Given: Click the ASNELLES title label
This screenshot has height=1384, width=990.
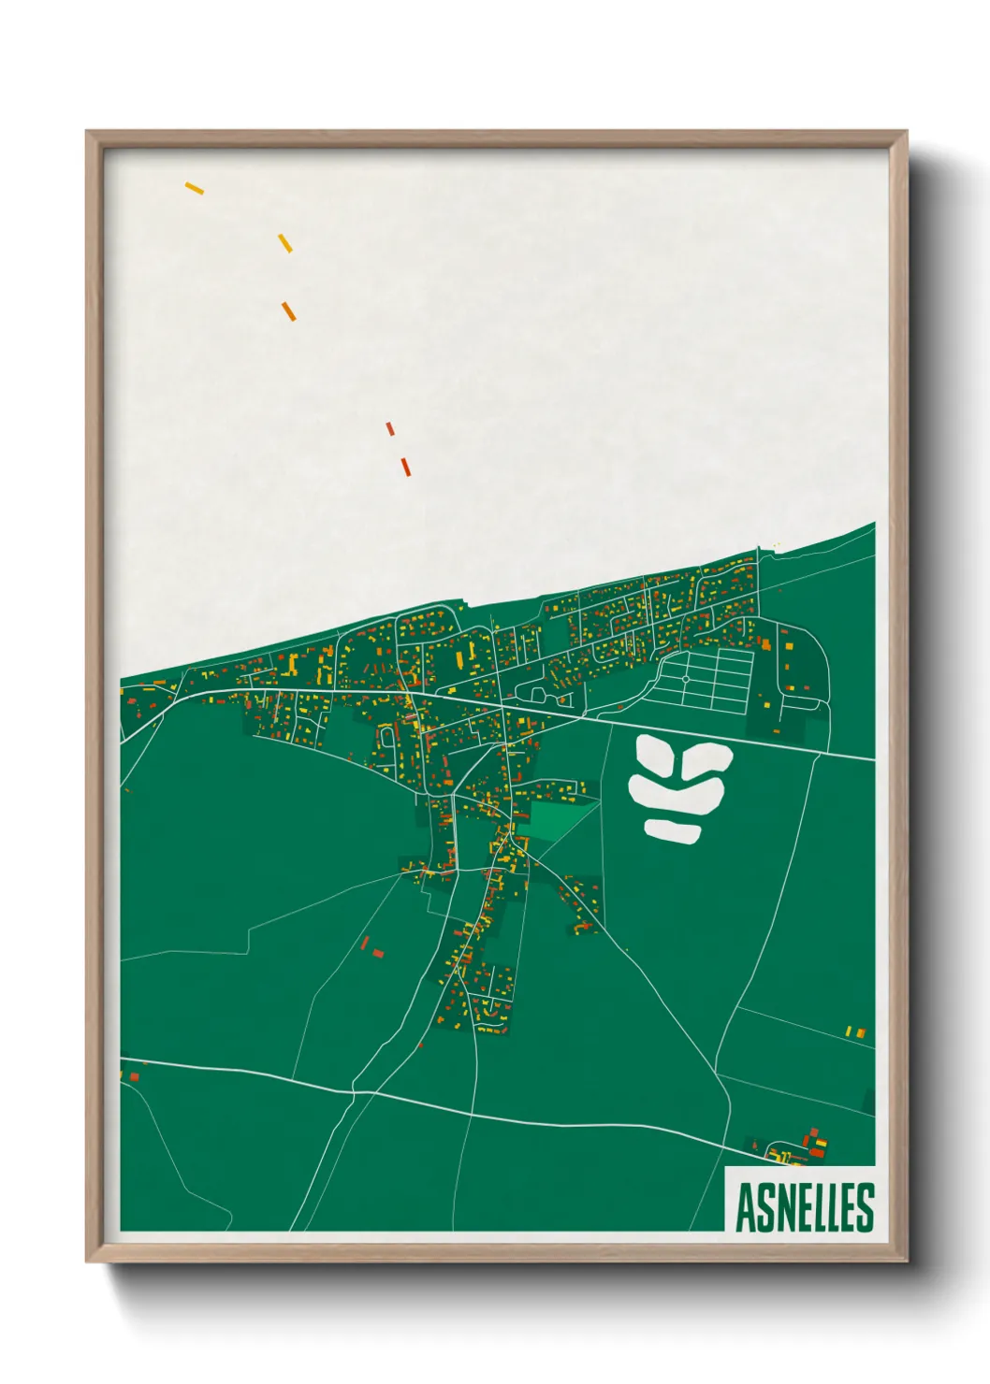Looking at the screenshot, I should pyautogui.click(x=805, y=1207).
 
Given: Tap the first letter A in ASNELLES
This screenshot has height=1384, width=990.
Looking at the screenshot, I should pyautogui.click(x=746, y=1208).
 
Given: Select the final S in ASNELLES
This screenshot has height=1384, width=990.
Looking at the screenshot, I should pyautogui.click(x=865, y=1207).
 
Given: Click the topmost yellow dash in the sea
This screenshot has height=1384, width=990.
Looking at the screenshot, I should pyautogui.click(x=195, y=188).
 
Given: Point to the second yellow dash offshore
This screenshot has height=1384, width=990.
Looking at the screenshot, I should pyautogui.click(x=285, y=242).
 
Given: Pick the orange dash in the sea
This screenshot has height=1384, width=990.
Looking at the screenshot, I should pyautogui.click(x=288, y=310).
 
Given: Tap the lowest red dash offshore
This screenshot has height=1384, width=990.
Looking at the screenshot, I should pyautogui.click(x=406, y=466).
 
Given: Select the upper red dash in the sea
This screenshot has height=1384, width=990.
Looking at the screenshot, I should pyautogui.click(x=390, y=428).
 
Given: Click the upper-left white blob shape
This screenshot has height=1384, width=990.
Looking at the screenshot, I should pyautogui.click(x=653, y=755).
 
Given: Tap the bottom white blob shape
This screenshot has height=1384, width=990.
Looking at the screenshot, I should pyautogui.click(x=673, y=829).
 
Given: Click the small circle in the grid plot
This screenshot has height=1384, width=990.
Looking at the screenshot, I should pyautogui.click(x=685, y=679).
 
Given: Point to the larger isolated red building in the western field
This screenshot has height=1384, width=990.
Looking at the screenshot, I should pyautogui.click(x=378, y=953).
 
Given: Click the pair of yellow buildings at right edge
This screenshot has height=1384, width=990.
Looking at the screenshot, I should pyautogui.click(x=855, y=1031).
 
